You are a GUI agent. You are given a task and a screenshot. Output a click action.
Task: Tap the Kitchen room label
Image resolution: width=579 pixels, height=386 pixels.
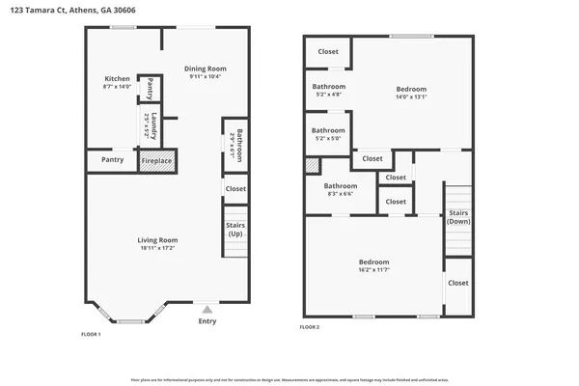117,79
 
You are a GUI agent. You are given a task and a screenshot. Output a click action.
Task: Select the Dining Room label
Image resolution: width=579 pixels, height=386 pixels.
205,69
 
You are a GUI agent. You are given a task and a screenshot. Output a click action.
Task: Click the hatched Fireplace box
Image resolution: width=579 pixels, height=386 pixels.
157,160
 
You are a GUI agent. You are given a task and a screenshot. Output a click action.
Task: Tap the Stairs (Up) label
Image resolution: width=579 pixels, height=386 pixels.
235,230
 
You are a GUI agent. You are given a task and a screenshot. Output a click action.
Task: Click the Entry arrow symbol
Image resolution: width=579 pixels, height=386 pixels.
207,309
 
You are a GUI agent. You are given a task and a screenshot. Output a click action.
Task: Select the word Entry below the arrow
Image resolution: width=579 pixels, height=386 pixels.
207,321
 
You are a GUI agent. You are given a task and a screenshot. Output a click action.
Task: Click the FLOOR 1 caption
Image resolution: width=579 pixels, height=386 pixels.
91,334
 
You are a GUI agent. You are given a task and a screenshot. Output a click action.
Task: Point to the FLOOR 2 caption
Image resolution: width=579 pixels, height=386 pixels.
309,328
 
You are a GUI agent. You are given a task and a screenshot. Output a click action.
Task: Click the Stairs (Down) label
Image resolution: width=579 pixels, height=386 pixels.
457,216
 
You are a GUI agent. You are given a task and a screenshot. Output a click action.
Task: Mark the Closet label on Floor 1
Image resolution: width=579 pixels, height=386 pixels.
235,188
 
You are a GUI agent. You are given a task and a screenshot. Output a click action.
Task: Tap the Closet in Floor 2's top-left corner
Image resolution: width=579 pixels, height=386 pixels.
328,51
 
